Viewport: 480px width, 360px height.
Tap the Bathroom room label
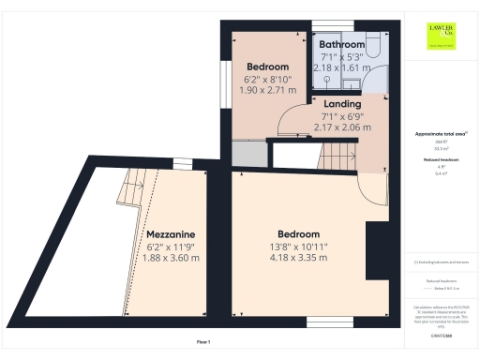(341, 44)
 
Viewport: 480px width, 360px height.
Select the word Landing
(340, 105)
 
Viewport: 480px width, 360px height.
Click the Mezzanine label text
(171, 233)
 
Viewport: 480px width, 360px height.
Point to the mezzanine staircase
(131, 190)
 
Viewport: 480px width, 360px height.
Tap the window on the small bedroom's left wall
(225, 78)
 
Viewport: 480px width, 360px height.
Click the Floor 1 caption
(203, 341)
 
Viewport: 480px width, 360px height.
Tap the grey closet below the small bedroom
(247, 154)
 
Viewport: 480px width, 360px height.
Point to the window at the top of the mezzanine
(182, 164)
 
